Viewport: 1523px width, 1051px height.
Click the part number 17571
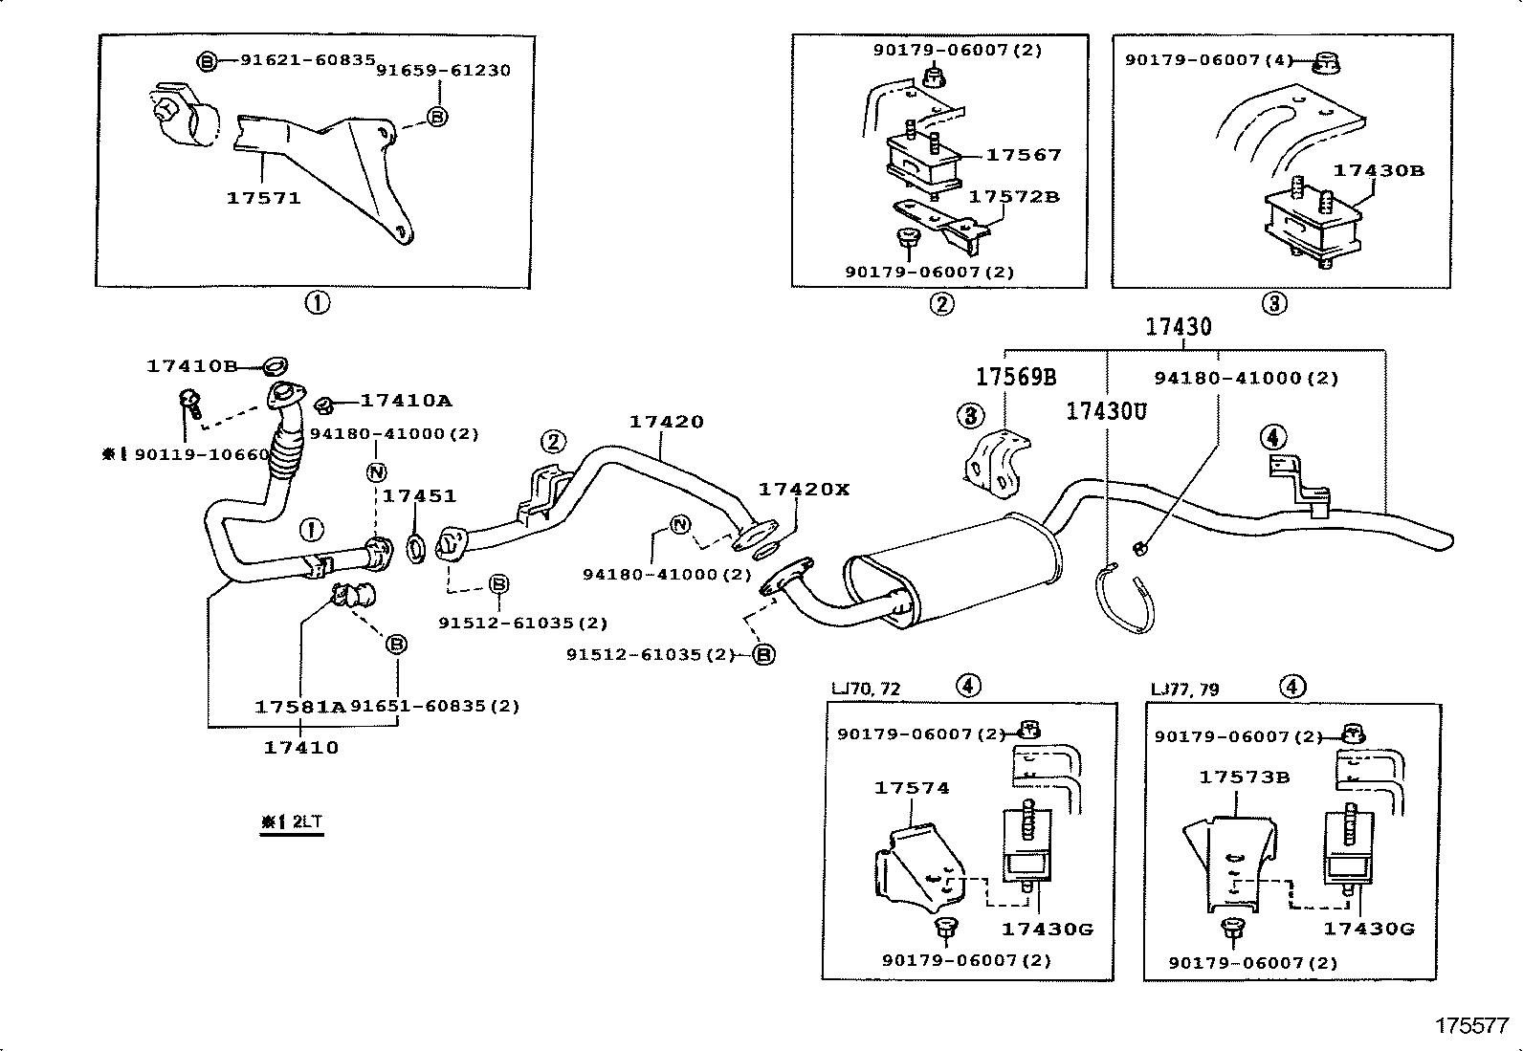pos(263,199)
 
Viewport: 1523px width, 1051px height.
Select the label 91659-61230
pos(443,71)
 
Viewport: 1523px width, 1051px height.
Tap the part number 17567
pos(1024,155)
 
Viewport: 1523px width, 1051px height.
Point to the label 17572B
pos(1014,197)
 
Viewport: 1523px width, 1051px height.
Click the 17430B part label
pos(1379,170)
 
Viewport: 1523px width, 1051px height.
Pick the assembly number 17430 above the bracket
pos(1179,327)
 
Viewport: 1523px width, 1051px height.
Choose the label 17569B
pos(1016,377)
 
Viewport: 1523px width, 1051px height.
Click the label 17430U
pos(1106,411)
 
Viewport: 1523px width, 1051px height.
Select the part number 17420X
pos(804,490)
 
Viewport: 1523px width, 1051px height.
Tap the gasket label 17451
pos(419,496)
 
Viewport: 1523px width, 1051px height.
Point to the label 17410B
pos(191,366)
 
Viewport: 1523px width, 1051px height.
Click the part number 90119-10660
pos(202,455)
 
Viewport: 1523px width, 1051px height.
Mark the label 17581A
pos(299,707)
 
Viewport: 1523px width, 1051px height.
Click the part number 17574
pos(911,789)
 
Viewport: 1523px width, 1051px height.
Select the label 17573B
pos(1245,777)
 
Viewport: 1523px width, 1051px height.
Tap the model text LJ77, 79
pos(1185,690)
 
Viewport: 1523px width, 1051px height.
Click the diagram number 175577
pos(1472,1026)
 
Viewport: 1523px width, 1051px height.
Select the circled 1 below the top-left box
pos(318,303)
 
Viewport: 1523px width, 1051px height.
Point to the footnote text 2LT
pos(307,821)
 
